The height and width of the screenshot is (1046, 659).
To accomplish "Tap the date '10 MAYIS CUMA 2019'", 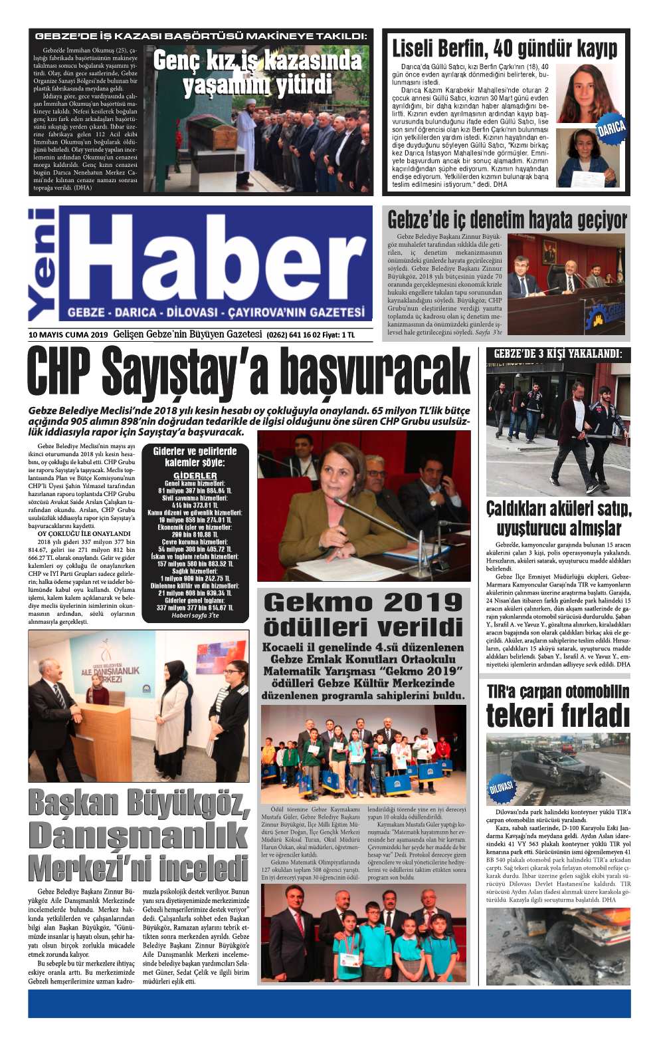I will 68,334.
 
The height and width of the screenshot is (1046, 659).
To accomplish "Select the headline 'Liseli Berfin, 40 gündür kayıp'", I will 504,49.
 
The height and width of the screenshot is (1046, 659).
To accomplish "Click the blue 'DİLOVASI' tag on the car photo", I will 502,789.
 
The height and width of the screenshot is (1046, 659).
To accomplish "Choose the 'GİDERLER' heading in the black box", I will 195,475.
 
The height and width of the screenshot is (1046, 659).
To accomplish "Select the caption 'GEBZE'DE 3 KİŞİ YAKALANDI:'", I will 557,354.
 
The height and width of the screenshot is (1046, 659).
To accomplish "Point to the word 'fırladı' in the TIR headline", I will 592,717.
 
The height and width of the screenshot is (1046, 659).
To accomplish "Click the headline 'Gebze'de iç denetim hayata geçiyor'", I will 507,219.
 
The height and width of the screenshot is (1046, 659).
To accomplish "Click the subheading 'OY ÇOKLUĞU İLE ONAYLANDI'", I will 84,533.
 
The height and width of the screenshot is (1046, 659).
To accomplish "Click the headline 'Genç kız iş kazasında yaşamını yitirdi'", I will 257,73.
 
